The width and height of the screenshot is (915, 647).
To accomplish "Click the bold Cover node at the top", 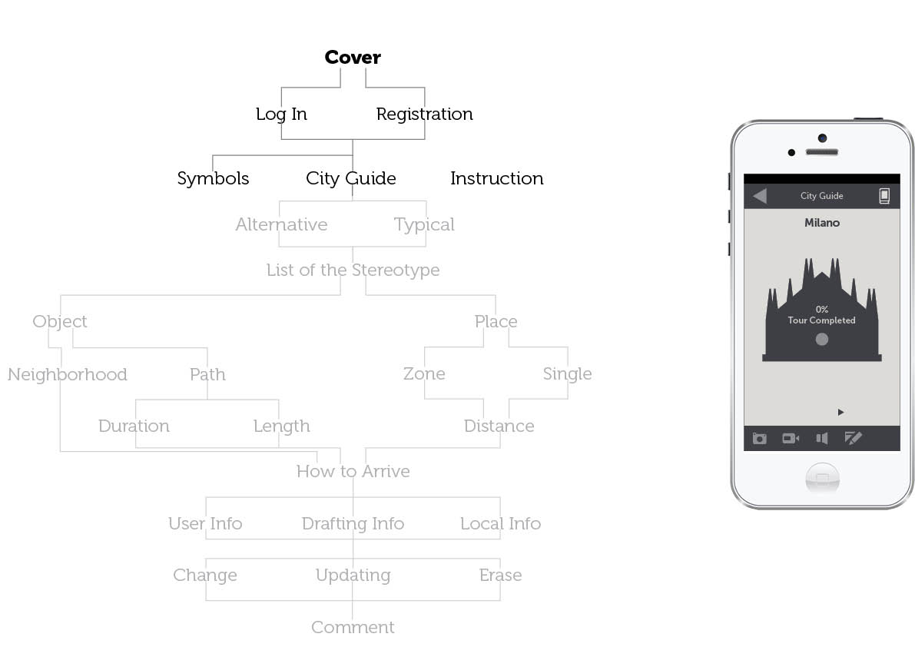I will pyautogui.click(x=353, y=58).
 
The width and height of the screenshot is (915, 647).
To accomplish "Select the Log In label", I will pyautogui.click(x=281, y=114).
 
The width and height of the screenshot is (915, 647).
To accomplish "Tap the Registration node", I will pyautogui.click(x=424, y=114).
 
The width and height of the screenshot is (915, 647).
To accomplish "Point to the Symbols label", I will pyautogui.click(x=213, y=178).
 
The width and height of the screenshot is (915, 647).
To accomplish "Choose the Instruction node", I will pyautogui.click(x=496, y=178).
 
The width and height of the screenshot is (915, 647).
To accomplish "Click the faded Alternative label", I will pyautogui.click(x=281, y=225).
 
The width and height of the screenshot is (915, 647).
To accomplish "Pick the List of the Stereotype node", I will pyautogui.click(x=353, y=270).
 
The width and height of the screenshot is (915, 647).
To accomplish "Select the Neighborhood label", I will pyautogui.click(x=68, y=375).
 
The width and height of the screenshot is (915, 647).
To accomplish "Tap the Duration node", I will pyautogui.click(x=134, y=426).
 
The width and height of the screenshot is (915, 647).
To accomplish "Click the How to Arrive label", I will pyautogui.click(x=353, y=472).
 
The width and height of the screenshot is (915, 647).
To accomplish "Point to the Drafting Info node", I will pyautogui.click(x=353, y=524).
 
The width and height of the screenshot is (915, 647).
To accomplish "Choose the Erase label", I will pyautogui.click(x=500, y=576).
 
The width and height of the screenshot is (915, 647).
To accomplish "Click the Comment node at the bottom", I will pyautogui.click(x=353, y=628).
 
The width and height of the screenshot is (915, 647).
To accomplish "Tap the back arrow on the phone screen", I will pyautogui.click(x=760, y=196).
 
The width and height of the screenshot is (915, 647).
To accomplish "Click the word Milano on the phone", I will pyautogui.click(x=822, y=223).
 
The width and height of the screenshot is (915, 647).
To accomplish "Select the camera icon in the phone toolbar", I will pyautogui.click(x=760, y=438).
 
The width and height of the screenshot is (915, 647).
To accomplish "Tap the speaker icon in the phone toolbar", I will pyautogui.click(x=822, y=438).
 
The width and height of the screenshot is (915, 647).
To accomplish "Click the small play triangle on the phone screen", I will pyautogui.click(x=840, y=413).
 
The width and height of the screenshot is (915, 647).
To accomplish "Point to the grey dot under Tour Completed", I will pyautogui.click(x=822, y=339).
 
